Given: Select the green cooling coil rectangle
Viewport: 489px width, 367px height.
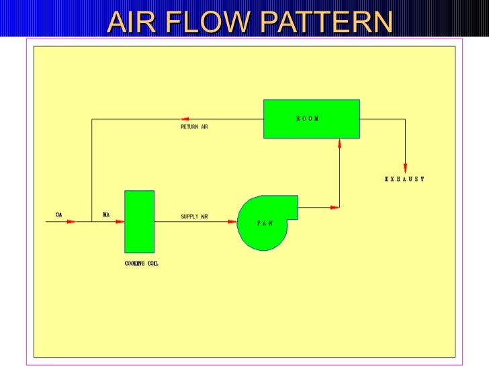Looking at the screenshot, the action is click(x=139, y=221).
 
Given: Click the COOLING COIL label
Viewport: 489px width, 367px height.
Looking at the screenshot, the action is click(x=142, y=263).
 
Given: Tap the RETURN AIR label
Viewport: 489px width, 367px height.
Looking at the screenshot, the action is click(x=194, y=126).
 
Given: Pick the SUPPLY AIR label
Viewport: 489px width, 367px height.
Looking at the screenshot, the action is click(x=194, y=216).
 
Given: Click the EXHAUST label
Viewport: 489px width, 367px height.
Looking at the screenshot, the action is click(x=404, y=179).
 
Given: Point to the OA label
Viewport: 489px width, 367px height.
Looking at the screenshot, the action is click(x=58, y=215).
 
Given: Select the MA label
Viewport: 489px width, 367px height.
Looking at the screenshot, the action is click(x=106, y=215).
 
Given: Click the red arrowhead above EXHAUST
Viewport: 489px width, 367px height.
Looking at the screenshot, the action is click(x=405, y=167).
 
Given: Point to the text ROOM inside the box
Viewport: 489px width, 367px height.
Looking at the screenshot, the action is click(x=308, y=118).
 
